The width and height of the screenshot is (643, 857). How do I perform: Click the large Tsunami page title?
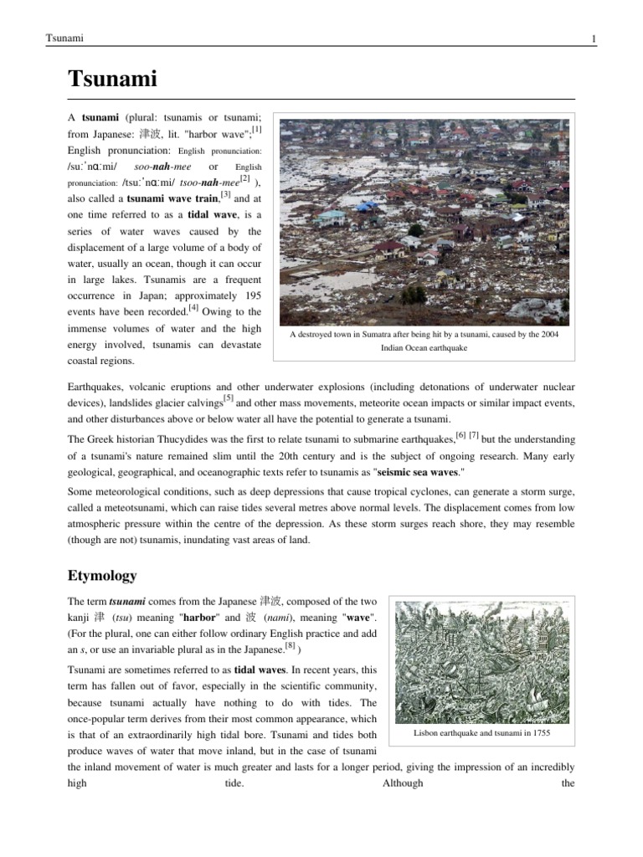pos(112,80)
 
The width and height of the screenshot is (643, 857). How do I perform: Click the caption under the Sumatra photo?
pos(424,341)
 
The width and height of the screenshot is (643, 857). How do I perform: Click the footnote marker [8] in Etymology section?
pos(291,646)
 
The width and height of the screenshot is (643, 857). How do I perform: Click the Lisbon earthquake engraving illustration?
pos(484,661)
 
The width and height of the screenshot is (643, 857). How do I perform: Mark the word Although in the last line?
pos(403,783)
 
